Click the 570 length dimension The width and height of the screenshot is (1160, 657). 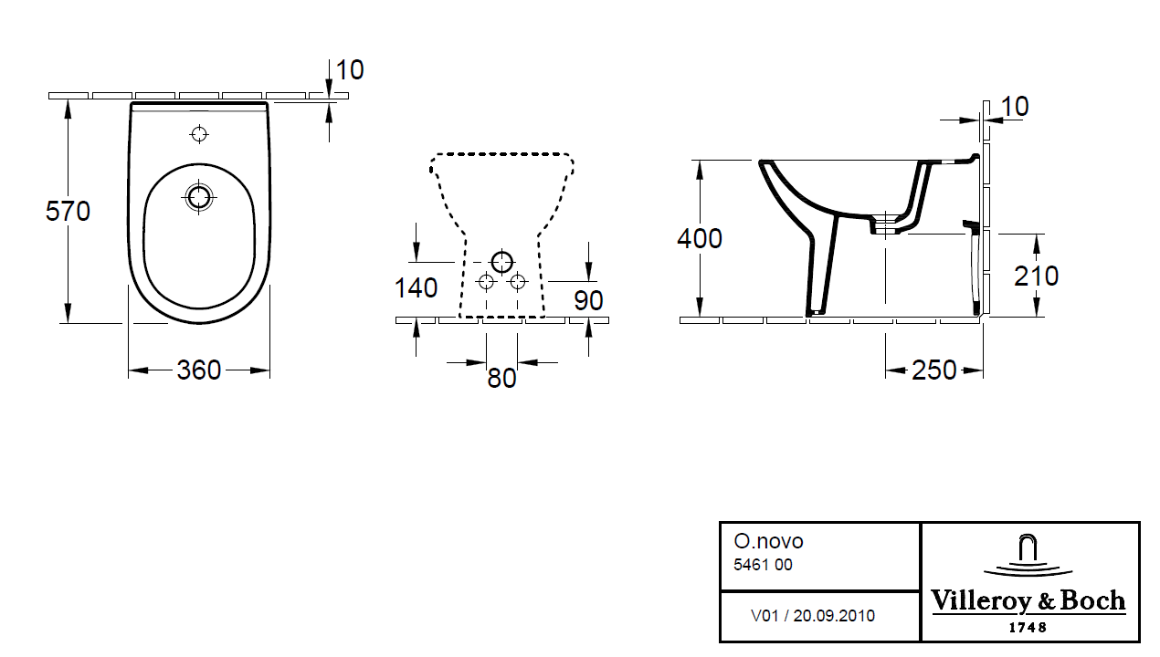69,212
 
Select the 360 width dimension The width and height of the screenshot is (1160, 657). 199,370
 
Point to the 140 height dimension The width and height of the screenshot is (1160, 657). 416,287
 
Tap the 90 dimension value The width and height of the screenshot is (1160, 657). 589,299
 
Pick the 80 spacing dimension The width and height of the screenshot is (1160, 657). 501,377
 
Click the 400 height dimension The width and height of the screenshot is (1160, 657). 700,238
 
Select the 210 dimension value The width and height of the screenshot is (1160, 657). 1036,276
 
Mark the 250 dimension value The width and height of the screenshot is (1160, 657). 934,370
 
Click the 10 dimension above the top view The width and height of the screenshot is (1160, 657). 349,70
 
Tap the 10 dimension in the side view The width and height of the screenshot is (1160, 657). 1014,107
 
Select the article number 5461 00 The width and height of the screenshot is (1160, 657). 763,565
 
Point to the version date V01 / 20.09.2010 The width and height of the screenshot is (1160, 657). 812,616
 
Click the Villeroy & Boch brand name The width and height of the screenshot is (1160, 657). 1028,601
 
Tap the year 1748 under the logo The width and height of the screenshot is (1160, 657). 1028,628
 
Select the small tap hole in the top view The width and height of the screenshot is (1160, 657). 199,135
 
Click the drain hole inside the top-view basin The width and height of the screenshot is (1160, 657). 198,196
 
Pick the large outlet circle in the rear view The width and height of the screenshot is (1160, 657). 501,262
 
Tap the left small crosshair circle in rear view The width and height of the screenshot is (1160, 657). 486,281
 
